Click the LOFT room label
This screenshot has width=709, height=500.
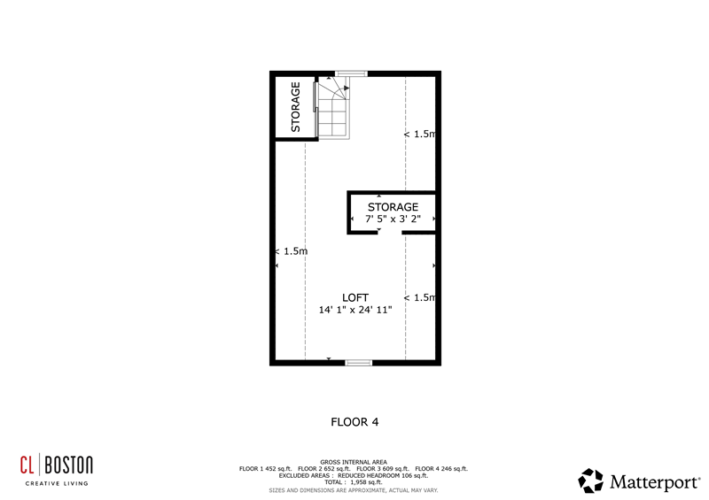pyautogui.click(x=355, y=296)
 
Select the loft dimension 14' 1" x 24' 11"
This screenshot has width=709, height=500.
pyautogui.click(x=355, y=310)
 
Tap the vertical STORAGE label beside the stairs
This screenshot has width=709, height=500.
pyautogui.click(x=295, y=107)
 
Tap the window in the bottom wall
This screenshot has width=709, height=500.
pyautogui.click(x=359, y=362)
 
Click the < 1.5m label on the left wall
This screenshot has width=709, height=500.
pyautogui.click(x=291, y=251)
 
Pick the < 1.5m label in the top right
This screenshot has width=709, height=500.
pyautogui.click(x=420, y=135)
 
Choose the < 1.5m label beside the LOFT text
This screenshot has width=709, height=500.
pyautogui.click(x=420, y=297)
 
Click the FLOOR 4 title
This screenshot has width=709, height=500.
pyautogui.click(x=354, y=422)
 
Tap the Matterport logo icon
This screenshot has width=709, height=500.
pyautogui.click(x=590, y=481)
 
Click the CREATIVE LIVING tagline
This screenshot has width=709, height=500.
pyautogui.click(x=58, y=483)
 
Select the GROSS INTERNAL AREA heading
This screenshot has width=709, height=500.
pyautogui.click(x=354, y=462)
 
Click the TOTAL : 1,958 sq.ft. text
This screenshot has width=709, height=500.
pyautogui.click(x=354, y=482)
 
